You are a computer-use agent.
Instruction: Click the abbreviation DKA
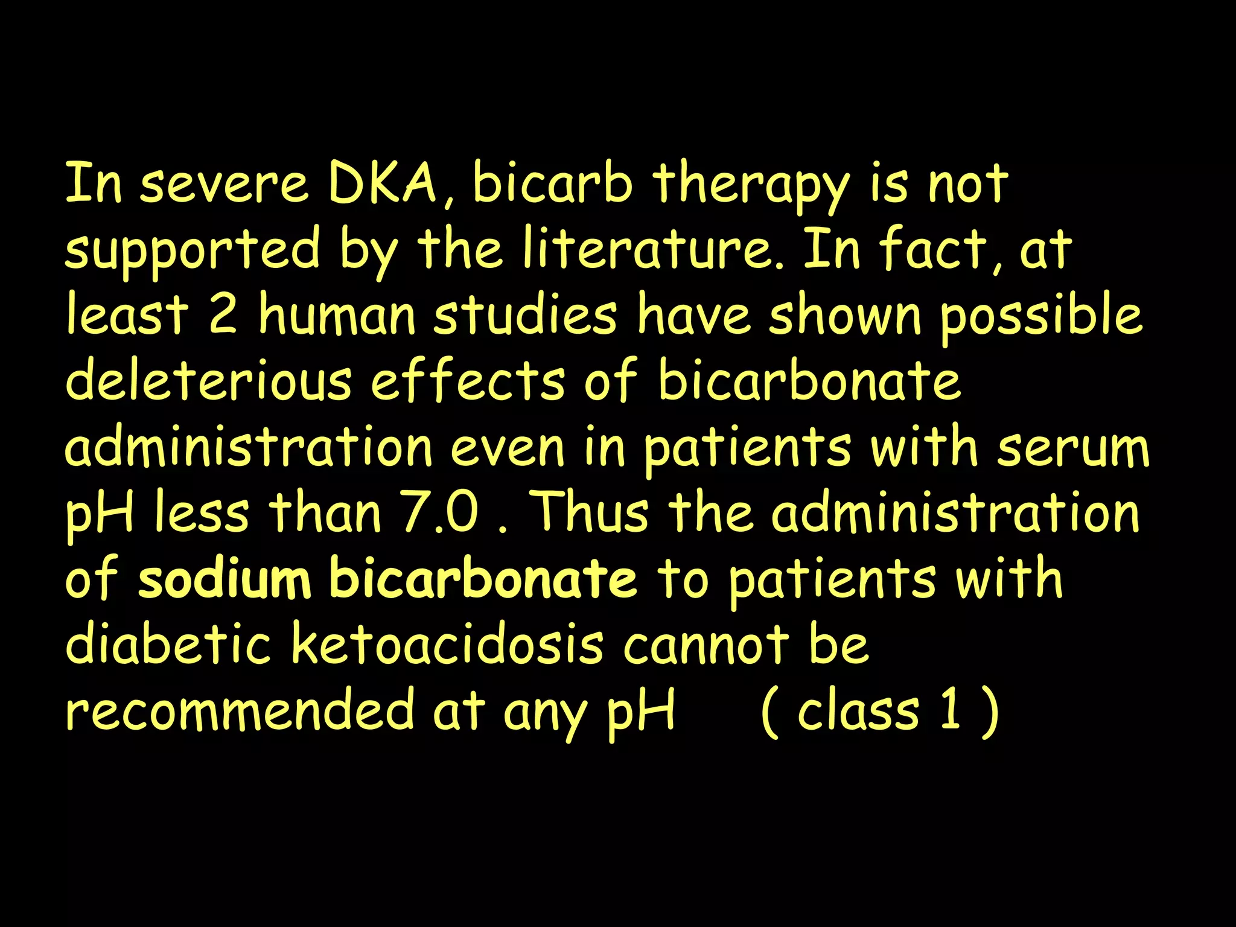[383, 183]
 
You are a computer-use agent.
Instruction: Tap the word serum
[1073, 449]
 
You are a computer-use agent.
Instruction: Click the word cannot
[706, 645]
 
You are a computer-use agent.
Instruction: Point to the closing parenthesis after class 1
[990, 712]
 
